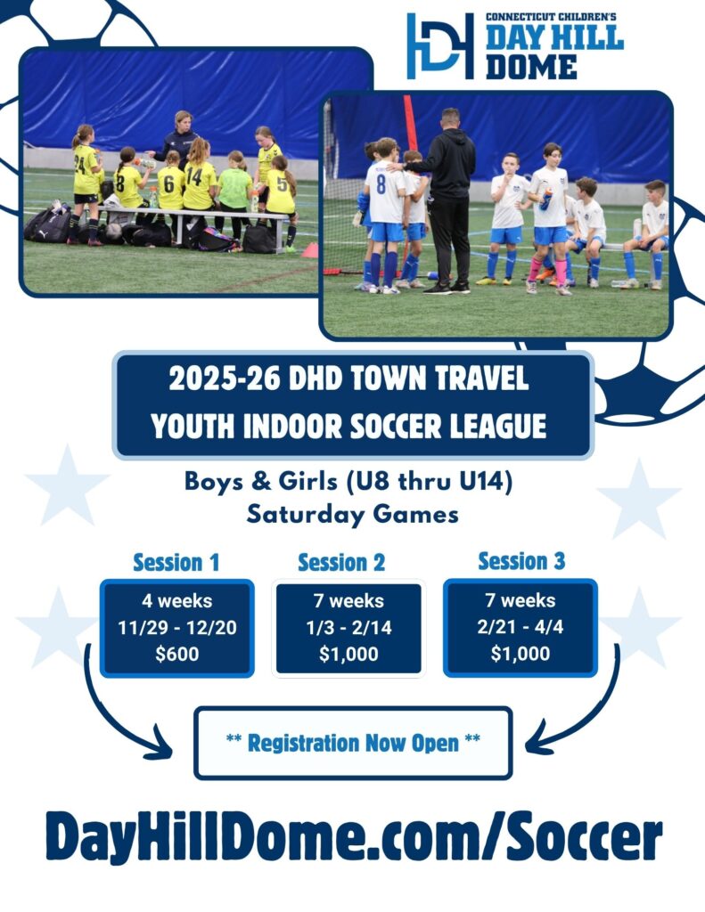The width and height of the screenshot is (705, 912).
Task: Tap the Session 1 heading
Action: [176, 563]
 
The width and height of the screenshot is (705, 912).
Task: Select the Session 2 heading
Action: [341, 563]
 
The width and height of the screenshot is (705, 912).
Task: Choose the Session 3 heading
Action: [521, 561]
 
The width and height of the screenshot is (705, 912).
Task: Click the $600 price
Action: [177, 655]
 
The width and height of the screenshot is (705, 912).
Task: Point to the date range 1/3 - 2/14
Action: [348, 628]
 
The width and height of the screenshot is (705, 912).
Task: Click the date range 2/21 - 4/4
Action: [521, 627]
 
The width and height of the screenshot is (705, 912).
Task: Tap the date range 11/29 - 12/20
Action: [177, 628]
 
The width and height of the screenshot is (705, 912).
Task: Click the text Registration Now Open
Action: [353, 743]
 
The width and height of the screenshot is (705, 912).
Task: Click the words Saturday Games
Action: [353, 515]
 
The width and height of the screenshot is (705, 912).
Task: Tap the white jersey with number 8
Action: [385, 192]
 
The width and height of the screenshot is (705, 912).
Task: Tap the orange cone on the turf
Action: [309, 250]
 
